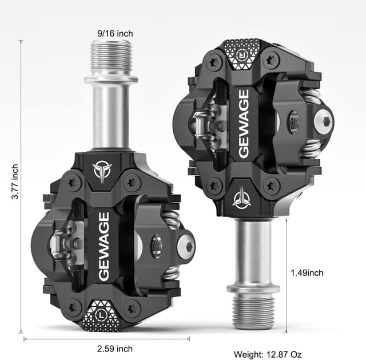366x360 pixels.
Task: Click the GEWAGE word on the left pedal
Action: (x=104, y=247)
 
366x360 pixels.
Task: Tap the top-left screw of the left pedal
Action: (x=72, y=182)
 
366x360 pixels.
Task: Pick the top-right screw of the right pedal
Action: (x=271, y=60)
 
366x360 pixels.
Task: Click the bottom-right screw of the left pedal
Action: (x=132, y=309)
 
